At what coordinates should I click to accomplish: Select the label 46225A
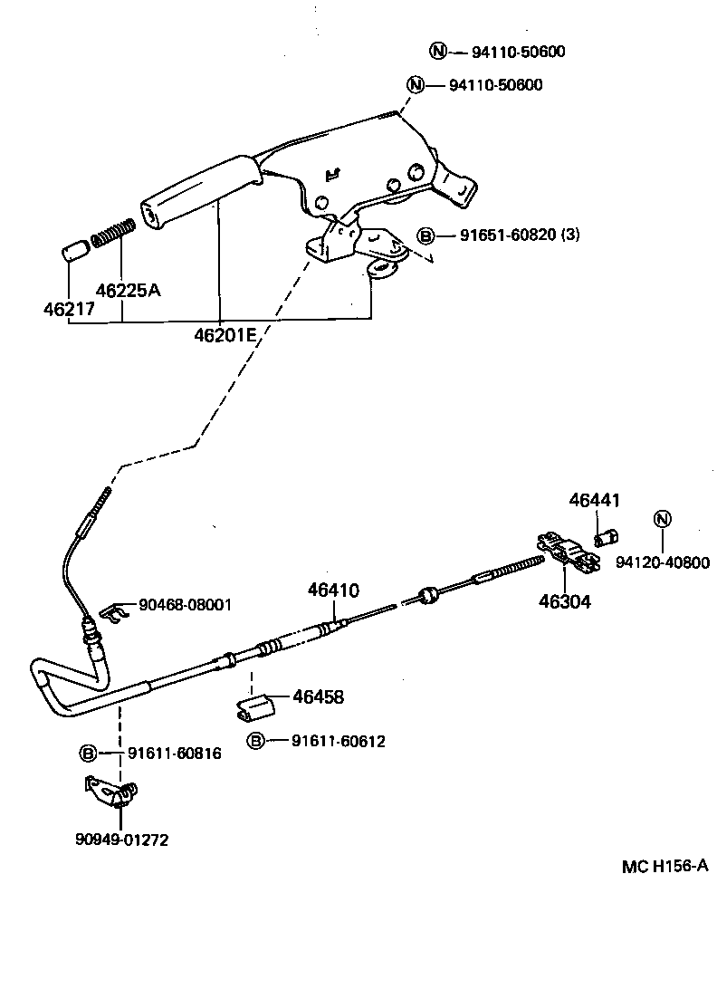click(128, 290)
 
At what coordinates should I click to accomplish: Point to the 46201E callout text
click(225, 335)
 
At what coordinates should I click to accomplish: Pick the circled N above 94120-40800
click(663, 519)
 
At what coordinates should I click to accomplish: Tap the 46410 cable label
click(332, 591)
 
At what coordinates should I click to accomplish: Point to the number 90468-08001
click(186, 604)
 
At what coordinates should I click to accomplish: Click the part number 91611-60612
click(338, 741)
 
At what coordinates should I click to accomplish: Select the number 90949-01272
click(121, 840)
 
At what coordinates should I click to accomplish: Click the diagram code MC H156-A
click(664, 866)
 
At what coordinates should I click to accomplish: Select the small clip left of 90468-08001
click(112, 612)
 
